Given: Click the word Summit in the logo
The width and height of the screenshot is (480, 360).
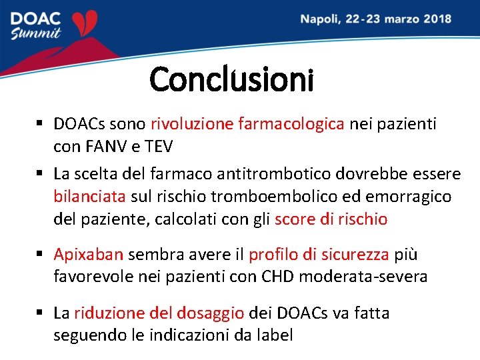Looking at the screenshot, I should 36,34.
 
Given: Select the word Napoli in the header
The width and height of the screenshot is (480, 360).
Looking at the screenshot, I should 319,19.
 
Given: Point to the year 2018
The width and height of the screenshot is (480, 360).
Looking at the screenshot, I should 435,19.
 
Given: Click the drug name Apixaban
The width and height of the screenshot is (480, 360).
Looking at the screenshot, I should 88,255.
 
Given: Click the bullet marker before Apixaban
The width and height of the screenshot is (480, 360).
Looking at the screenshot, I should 40,255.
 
